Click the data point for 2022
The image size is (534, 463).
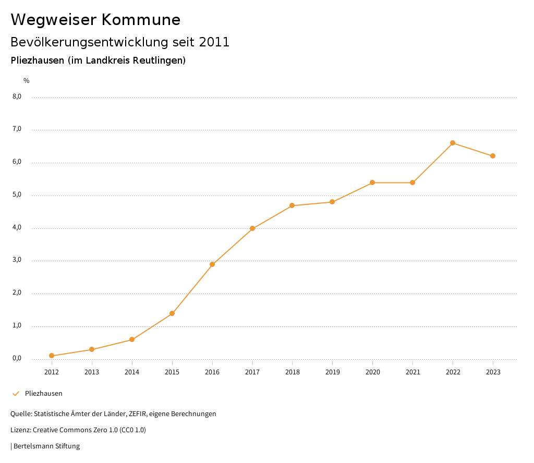[453, 143]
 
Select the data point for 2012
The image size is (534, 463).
[52, 356]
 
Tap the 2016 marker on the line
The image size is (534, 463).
[212, 264]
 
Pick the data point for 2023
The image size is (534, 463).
[493, 156]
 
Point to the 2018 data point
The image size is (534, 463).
[292, 205]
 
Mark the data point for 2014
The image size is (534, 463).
[132, 339]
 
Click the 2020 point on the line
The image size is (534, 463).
[372, 182]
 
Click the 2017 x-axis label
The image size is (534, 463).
[252, 372]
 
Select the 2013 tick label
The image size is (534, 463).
[92, 372]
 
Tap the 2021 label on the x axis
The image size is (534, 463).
[412, 372]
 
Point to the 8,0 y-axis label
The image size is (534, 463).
[17, 96]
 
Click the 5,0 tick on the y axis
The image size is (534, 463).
[17, 194]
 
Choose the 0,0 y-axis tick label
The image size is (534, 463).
[17, 358]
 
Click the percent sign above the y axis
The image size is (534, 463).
[27, 81]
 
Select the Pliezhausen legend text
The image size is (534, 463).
[44, 393]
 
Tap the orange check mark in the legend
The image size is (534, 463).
[16, 393]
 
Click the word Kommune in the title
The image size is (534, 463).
[140, 20]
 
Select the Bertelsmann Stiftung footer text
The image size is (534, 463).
[46, 446]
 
